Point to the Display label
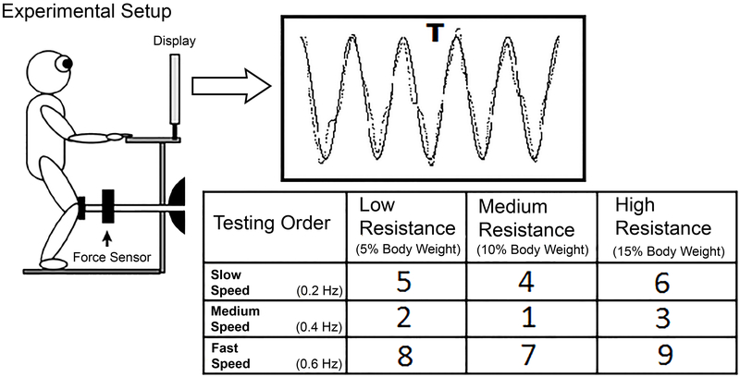pos(175,42)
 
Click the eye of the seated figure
pos(65,64)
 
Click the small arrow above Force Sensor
pos(105,237)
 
